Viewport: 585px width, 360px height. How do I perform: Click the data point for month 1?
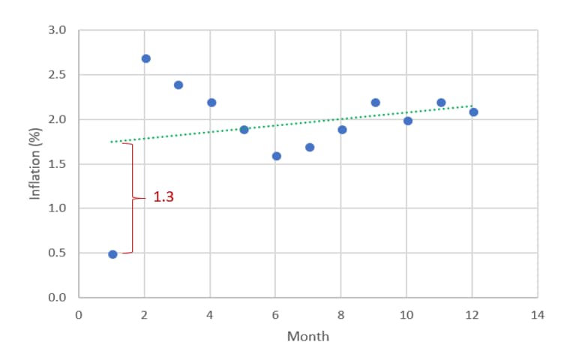(112, 254)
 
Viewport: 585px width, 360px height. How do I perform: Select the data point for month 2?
(145, 58)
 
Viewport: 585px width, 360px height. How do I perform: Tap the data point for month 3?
(178, 85)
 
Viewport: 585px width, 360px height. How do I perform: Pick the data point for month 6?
(277, 156)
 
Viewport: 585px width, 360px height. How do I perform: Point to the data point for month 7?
(310, 147)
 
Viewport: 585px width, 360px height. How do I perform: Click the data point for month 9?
(375, 103)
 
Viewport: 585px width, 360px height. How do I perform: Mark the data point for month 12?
(473, 112)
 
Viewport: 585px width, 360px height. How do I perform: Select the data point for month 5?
(244, 129)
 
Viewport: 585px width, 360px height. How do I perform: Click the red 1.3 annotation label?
(163, 197)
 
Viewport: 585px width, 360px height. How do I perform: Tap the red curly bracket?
(133, 198)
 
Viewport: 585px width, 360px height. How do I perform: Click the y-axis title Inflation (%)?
(34, 163)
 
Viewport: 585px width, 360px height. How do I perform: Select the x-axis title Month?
(307, 337)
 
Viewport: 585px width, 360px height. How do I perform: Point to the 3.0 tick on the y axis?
(58, 31)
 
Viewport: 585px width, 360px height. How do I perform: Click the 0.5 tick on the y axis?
(58, 253)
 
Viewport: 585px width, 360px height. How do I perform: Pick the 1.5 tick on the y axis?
(58, 164)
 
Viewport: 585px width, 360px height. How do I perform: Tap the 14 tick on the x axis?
(538, 315)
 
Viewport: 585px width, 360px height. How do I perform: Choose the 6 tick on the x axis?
(275, 315)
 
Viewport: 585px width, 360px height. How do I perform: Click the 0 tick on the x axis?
(79, 315)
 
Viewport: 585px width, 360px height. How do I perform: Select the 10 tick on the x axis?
(406, 315)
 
